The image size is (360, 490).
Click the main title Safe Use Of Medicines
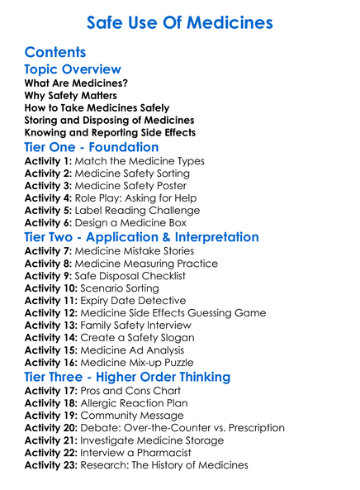coord(179,22)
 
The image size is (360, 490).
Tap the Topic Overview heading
coord(73,69)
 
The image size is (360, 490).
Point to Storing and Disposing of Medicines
coord(110,120)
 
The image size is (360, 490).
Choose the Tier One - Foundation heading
coord(103,147)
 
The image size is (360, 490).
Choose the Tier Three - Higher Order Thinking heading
coord(128,377)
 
